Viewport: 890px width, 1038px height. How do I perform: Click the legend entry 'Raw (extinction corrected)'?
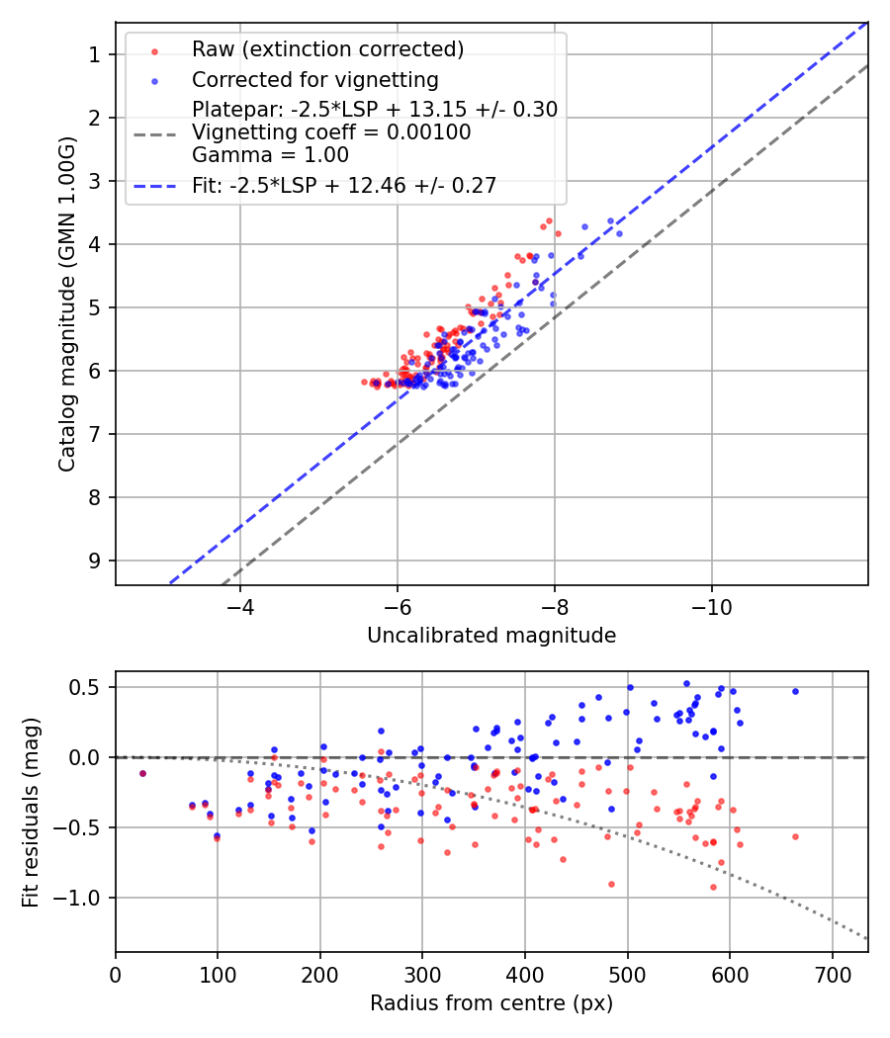[327, 49]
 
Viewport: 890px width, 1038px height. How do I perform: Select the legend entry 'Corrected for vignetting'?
[315, 79]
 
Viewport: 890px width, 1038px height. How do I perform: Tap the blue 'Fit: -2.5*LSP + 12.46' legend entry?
[344, 185]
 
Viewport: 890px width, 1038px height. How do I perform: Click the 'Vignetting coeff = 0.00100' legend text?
[331, 132]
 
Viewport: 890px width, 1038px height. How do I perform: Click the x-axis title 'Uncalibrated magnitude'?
[491, 636]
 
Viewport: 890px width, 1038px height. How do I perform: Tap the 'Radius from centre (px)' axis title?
[491, 1003]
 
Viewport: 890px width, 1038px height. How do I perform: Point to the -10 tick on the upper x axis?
[711, 605]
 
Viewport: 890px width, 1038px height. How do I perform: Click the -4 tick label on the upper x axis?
[239, 605]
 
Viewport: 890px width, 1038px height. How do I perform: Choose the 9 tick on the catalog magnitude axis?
[96, 561]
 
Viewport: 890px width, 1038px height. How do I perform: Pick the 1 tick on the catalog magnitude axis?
[96, 54]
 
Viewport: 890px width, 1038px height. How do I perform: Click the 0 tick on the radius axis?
[116, 973]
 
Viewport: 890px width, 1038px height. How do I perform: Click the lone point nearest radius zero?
[142, 773]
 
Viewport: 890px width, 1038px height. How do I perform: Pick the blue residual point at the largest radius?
[795, 691]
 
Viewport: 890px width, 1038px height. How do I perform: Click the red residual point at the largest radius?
[795, 836]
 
